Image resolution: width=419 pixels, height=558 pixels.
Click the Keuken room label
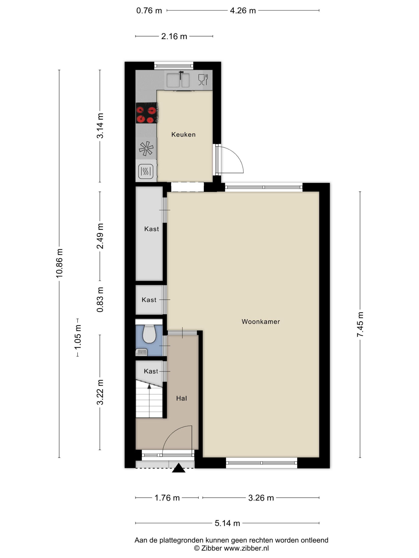(x=183, y=135)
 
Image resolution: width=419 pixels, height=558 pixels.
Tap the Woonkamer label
(x=261, y=322)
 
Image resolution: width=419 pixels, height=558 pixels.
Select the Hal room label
(x=181, y=398)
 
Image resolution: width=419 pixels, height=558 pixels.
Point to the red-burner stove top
(x=147, y=113)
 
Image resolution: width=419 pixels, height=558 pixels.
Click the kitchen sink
(x=178, y=80)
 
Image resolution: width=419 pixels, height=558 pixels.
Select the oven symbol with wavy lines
(x=146, y=172)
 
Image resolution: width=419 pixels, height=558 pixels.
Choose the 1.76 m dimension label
(x=167, y=498)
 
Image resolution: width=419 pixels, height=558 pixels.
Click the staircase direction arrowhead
(x=149, y=386)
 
